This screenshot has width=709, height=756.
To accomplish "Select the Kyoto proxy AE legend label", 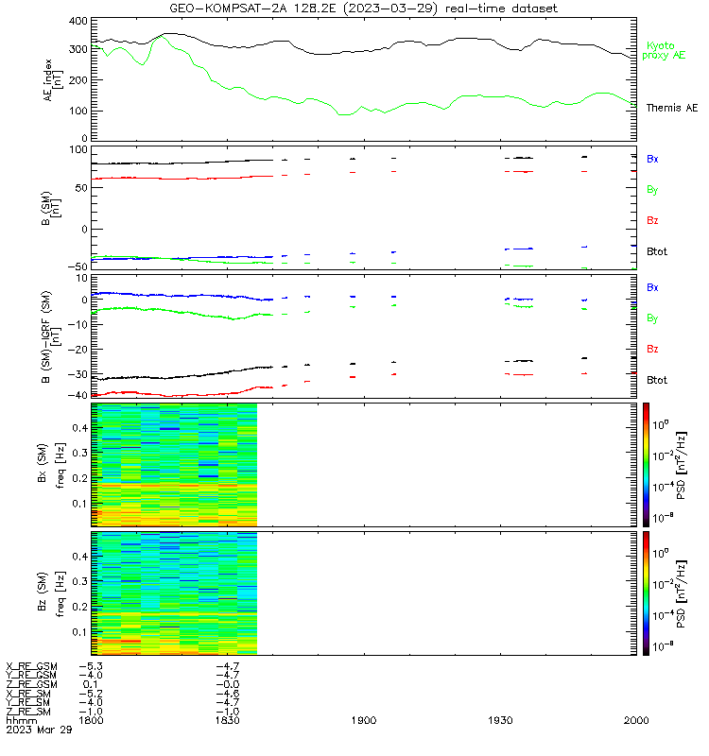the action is click(x=664, y=51).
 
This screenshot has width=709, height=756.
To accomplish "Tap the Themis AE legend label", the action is click(x=672, y=108).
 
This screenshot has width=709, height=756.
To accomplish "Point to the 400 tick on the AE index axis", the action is click(x=78, y=21).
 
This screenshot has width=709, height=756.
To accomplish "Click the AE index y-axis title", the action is click(x=53, y=80).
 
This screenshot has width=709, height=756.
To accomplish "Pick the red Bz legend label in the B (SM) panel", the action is click(x=652, y=220).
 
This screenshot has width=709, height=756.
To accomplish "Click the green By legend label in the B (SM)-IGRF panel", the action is click(x=652, y=318).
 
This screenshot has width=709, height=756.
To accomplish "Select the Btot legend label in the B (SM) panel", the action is click(x=657, y=251).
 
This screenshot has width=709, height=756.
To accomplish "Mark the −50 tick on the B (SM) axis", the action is click(x=78, y=266).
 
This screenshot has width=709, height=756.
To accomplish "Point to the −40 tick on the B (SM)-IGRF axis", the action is click(x=78, y=395).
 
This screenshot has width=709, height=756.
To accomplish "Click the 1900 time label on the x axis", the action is click(x=364, y=720).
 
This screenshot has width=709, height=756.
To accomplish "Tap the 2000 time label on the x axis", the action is click(x=636, y=720).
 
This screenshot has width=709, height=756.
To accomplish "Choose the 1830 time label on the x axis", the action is click(x=227, y=720).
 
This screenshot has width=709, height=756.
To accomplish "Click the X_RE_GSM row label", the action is click(x=31, y=666).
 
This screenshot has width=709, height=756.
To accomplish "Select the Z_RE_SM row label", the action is click(x=28, y=712).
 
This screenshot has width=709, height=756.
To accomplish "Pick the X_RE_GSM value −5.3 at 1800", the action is click(x=91, y=666).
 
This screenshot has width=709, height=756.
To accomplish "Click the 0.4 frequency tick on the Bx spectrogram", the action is click(x=80, y=428).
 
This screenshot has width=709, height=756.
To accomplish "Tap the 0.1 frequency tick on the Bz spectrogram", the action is click(x=80, y=632).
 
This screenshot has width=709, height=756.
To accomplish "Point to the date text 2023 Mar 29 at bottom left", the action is click(x=39, y=730).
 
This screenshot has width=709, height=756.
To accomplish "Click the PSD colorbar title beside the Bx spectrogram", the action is click(x=681, y=465).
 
